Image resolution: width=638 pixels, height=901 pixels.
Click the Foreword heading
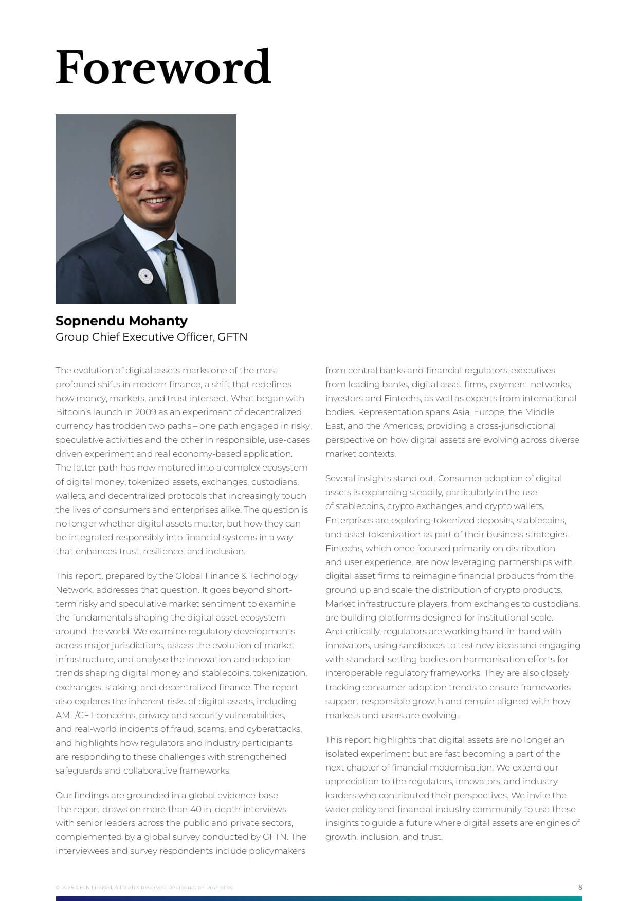click(x=163, y=67)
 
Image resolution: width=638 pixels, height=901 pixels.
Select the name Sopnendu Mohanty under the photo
click(x=121, y=321)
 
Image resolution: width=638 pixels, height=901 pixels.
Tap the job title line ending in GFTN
click(x=151, y=337)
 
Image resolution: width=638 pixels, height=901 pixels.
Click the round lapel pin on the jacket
click(x=145, y=276)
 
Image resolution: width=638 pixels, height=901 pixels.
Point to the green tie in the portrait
click(x=173, y=272)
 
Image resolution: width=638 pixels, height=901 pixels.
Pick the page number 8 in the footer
click(x=580, y=887)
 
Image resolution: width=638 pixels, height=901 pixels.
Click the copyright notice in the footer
click(x=144, y=887)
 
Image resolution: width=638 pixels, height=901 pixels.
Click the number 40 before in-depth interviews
click(x=195, y=809)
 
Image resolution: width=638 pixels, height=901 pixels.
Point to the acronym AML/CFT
click(x=75, y=715)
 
